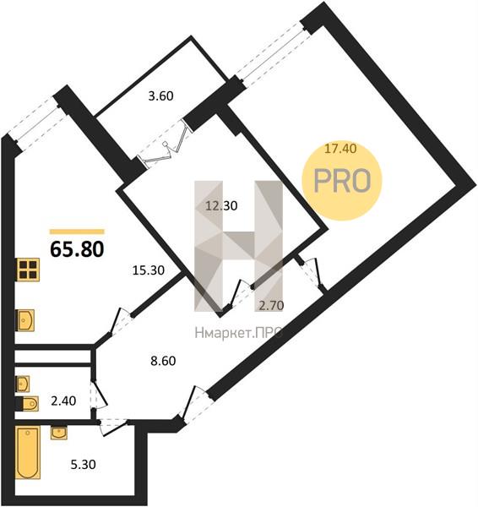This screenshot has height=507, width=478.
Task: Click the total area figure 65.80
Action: [x=77, y=249]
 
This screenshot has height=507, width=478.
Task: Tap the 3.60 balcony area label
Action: [x=160, y=96]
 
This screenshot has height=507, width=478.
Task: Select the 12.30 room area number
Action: [x=222, y=205]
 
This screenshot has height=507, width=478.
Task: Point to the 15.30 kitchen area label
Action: [x=149, y=270]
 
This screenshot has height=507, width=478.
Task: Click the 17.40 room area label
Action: [x=340, y=149]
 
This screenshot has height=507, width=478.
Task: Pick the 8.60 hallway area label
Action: [x=163, y=361]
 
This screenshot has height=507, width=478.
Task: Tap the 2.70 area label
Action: [x=271, y=305]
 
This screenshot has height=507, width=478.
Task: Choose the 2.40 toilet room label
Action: [x=63, y=401]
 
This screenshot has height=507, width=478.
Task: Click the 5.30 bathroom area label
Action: [x=83, y=465]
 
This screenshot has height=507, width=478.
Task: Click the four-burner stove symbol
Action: [x=28, y=270]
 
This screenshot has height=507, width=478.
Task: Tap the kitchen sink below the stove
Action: [x=25, y=320]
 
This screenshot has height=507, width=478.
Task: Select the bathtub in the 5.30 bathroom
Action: [x=28, y=452]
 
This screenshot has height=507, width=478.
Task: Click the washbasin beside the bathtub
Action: [x=59, y=433]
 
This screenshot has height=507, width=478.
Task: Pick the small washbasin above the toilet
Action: [x=23, y=384]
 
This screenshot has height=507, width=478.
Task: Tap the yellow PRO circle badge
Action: [x=342, y=181]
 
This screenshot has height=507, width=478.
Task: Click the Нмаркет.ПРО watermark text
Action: [x=238, y=332]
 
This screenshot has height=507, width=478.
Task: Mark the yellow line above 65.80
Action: [x=77, y=232]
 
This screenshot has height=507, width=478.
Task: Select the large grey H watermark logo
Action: [x=238, y=246]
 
